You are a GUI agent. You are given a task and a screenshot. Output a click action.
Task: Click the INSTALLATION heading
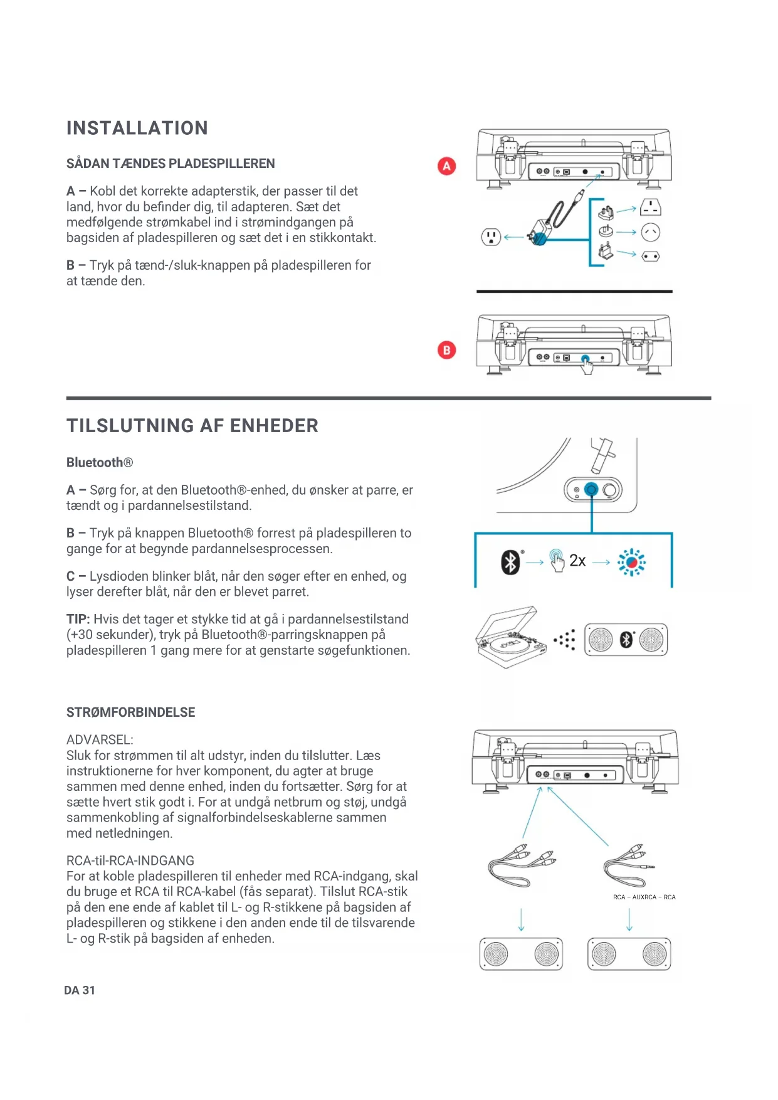click(137, 129)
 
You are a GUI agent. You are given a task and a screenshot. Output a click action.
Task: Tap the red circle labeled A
click(446, 166)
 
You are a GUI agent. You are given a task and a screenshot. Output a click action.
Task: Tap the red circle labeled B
click(446, 350)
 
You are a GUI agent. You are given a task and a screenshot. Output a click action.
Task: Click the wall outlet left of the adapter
click(490, 237)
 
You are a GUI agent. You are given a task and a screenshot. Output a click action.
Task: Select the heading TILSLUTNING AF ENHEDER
click(192, 426)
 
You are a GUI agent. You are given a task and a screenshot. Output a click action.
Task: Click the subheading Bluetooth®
click(100, 463)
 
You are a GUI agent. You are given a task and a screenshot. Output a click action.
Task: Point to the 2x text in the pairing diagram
click(577, 561)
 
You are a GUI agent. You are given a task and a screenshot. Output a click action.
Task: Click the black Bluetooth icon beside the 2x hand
click(510, 562)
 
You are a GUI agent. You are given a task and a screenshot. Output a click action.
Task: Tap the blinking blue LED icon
click(631, 562)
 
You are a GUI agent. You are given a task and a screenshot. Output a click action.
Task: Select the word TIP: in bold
click(78, 620)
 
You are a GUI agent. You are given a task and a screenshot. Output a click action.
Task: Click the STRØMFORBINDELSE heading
click(130, 712)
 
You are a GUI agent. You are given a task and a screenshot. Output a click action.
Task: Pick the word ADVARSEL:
click(100, 740)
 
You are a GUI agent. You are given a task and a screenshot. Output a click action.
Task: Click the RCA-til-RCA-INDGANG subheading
click(130, 861)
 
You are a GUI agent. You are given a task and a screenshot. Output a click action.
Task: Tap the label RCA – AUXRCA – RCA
click(644, 897)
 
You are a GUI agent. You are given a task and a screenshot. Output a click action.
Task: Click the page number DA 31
click(80, 990)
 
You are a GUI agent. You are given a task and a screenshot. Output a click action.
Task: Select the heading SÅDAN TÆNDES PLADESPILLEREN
click(171, 164)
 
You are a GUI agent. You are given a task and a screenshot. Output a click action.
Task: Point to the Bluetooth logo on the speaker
click(626, 640)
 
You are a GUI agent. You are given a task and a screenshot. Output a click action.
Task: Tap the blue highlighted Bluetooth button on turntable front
click(591, 489)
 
